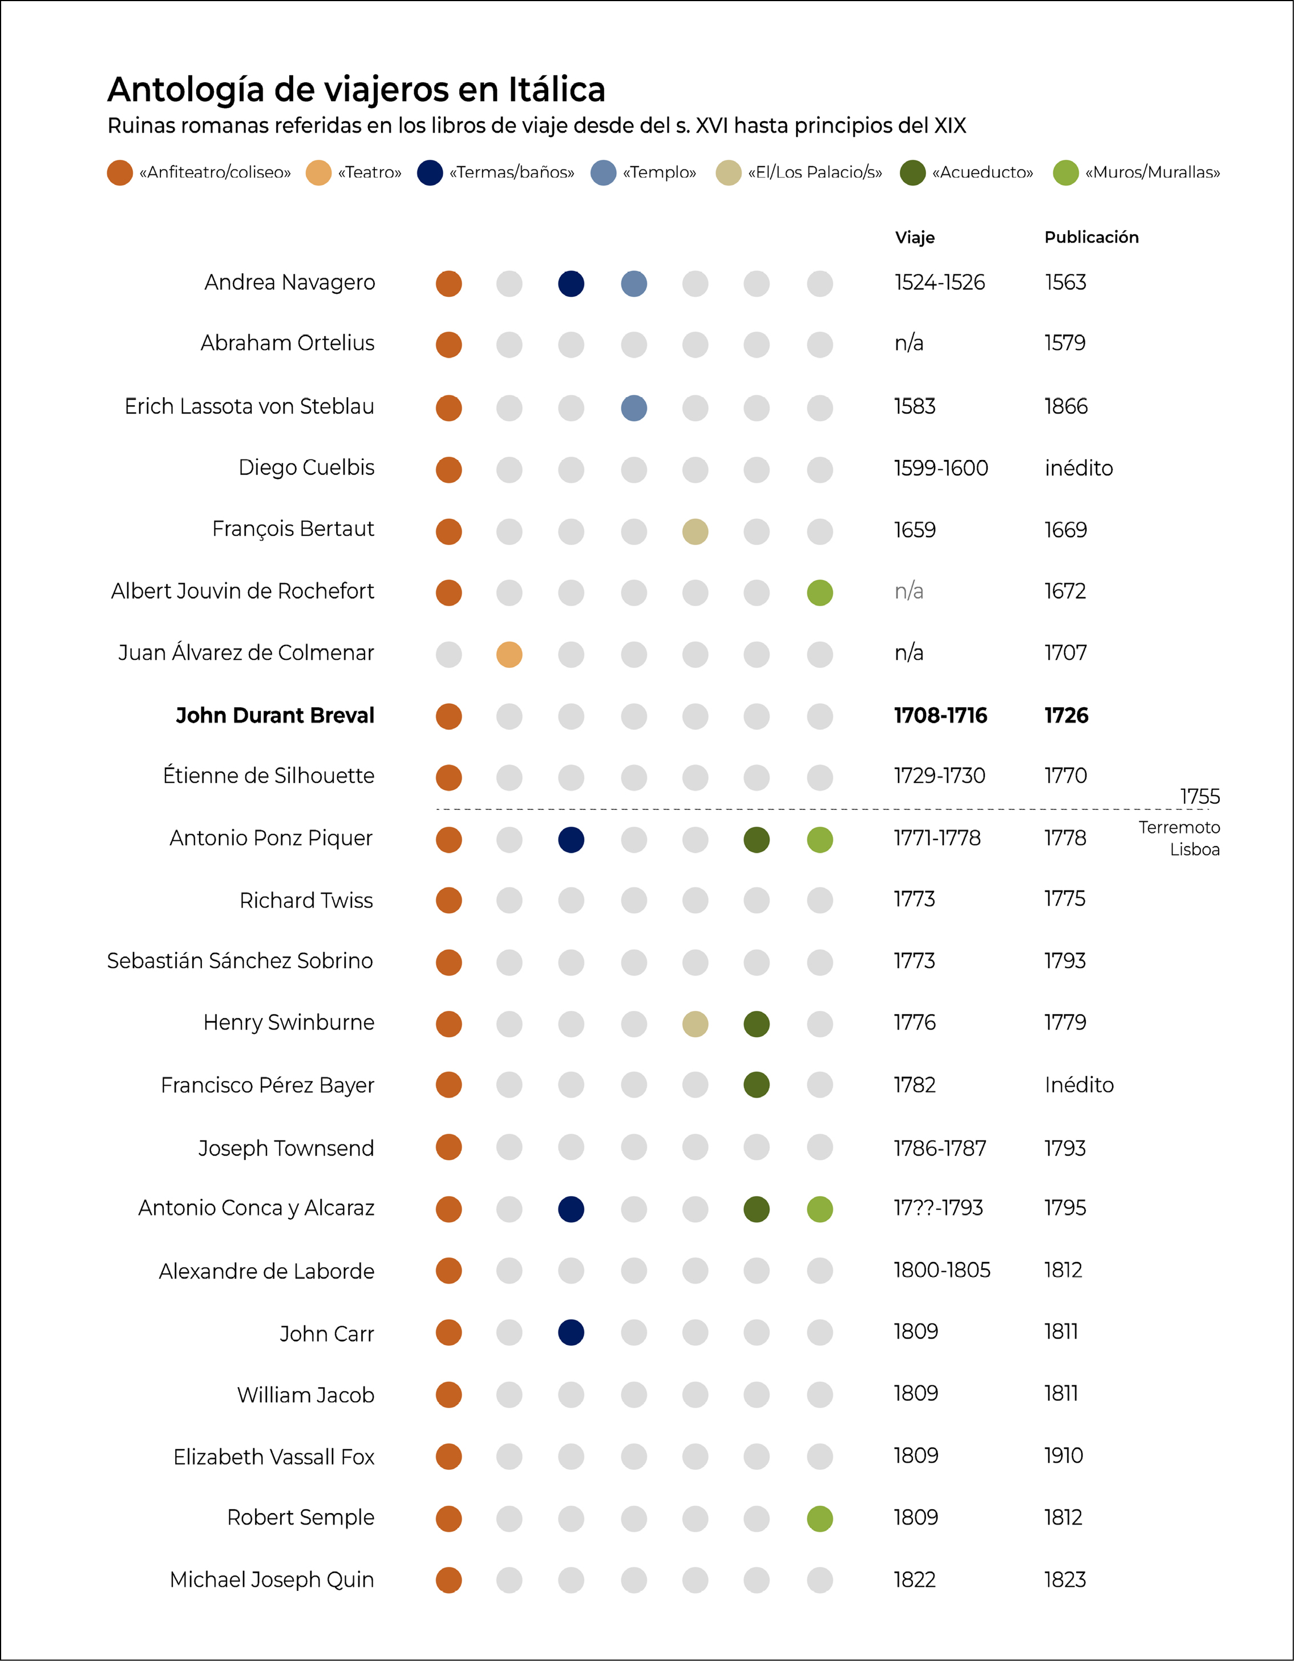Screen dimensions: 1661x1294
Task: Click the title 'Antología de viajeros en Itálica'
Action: (356, 90)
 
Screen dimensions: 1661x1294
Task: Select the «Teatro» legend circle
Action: (318, 172)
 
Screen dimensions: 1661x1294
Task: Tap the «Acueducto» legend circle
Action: (912, 172)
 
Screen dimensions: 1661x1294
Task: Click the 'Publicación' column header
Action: (1091, 237)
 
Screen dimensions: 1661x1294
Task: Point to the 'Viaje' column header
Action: (915, 237)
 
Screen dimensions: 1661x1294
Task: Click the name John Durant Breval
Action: (275, 716)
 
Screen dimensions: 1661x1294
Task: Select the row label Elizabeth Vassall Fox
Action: (274, 1457)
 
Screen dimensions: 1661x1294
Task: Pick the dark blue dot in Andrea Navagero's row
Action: (571, 284)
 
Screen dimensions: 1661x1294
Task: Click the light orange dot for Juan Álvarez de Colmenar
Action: (509, 654)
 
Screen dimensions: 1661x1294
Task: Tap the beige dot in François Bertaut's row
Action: (695, 531)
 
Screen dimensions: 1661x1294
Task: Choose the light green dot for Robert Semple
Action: (819, 1518)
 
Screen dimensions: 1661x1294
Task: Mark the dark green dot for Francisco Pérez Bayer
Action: (757, 1085)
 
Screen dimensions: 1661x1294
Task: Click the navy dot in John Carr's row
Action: (571, 1332)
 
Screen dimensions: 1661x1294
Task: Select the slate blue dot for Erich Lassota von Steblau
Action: (634, 408)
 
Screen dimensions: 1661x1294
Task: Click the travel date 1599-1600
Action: (940, 469)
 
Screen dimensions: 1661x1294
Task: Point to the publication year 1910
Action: (1063, 1456)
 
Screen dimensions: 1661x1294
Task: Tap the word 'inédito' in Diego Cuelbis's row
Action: (1078, 469)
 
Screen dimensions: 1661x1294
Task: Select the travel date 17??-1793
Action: (938, 1208)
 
